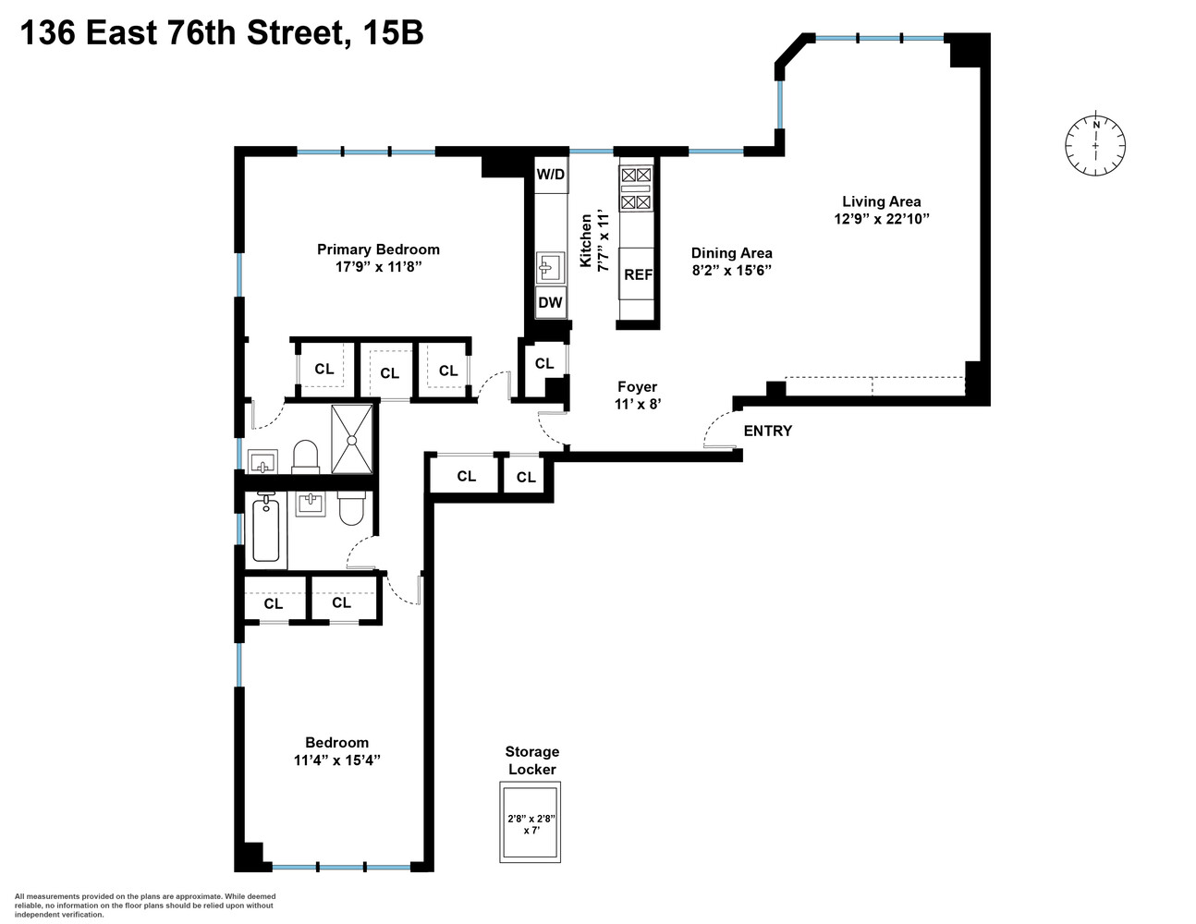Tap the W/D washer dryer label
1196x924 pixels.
551,174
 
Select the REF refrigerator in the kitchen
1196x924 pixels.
638,274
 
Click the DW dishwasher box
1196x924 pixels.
551,302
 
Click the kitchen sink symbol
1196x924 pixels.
551,268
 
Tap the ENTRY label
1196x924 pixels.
767,431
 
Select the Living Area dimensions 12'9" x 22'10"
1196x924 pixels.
881,219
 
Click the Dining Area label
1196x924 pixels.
731,252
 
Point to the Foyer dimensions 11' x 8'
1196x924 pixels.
637,404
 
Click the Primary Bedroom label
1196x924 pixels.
378,249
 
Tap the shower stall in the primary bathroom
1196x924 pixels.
352,440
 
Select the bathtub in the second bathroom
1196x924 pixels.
267,528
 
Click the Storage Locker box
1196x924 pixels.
531,821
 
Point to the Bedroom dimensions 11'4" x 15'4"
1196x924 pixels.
336,760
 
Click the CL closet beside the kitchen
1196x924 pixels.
544,363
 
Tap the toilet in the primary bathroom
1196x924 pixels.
305,456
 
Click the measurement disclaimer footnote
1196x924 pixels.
145,905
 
